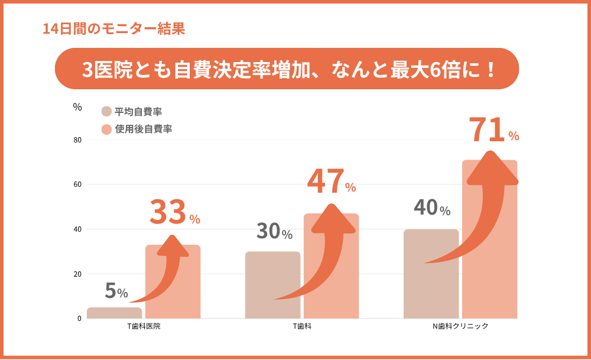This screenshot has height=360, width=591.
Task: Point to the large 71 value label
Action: (488, 130)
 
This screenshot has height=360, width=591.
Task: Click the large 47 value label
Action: (326, 182)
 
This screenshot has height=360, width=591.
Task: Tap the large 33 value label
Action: (168, 213)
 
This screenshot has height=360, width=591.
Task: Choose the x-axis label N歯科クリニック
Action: (460, 326)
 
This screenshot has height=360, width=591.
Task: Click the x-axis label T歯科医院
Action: (144, 326)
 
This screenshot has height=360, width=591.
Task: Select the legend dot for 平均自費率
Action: (106, 112)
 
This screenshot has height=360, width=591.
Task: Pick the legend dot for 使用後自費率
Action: (106, 129)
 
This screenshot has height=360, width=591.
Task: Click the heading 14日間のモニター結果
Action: (114, 28)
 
